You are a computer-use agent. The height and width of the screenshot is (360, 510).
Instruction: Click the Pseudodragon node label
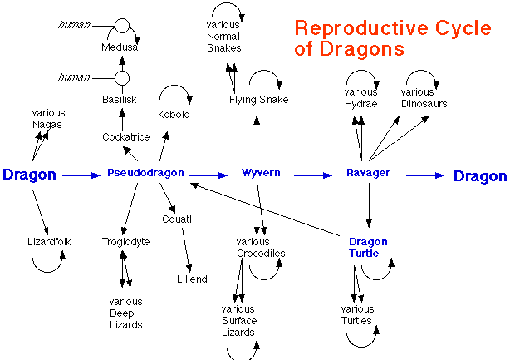pyautogui.click(x=145, y=173)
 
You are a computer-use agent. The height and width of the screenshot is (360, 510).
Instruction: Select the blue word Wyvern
pyautogui.click(x=261, y=172)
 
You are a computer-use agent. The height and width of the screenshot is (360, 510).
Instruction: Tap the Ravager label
pyautogui.click(x=368, y=173)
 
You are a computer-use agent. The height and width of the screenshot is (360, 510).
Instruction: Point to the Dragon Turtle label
pyautogui.click(x=368, y=248)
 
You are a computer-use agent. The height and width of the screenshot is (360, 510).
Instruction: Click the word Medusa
pyautogui.click(x=120, y=47)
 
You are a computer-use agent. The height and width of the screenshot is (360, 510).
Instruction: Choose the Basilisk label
pyautogui.click(x=120, y=99)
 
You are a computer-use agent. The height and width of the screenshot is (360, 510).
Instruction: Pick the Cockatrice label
pyautogui.click(x=126, y=136)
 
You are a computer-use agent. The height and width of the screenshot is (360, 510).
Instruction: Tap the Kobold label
pyautogui.click(x=174, y=114)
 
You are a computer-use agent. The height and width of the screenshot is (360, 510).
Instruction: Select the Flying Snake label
pyautogui.click(x=258, y=100)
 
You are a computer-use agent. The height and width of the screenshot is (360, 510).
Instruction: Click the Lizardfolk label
pyautogui.click(x=49, y=241)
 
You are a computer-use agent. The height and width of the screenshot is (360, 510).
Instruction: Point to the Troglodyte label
pyautogui.click(x=126, y=242)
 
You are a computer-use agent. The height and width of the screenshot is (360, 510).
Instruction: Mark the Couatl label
pyautogui.click(x=177, y=219)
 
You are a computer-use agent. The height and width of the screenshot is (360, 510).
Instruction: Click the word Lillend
pyautogui.click(x=192, y=279)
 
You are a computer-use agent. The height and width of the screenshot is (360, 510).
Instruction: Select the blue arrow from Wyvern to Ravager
pyautogui.click(x=313, y=175)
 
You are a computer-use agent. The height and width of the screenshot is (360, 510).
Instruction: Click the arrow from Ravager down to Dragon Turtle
pyautogui.click(x=369, y=205)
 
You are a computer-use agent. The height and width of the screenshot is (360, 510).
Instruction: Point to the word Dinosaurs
pyautogui.click(x=424, y=104)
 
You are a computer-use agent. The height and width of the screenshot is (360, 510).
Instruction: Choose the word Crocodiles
pyautogui.click(x=261, y=254)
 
